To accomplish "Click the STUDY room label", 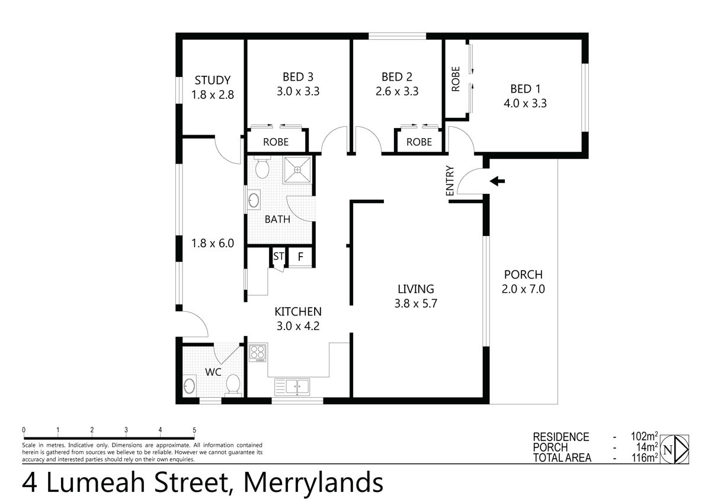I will pos(212,81).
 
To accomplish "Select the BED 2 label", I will pos(396,77).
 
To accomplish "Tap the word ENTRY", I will pos(450,180).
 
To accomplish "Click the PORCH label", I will pos(523,275).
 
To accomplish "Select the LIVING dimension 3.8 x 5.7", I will pos(416,303).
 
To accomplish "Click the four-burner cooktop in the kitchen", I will pos(258,353).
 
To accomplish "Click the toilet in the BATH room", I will pos(261,168).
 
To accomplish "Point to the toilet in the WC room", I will pos(233,384).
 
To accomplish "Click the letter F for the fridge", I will pos(300,257).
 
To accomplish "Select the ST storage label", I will pos(278,257).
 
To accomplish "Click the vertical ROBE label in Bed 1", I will pos(456,79).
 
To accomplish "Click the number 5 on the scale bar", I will pos(194,430).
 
